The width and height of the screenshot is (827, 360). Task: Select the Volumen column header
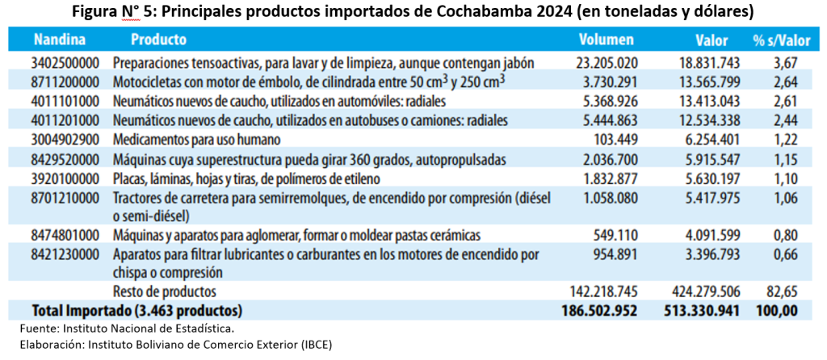pos(606,40)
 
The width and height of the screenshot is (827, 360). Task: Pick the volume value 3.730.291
pos(607,82)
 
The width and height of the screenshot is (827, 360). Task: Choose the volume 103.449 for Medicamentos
pos(618,139)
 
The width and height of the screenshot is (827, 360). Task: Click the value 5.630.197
pos(702,178)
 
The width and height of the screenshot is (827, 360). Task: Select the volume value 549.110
pos(618,236)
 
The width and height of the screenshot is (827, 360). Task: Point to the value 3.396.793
pos(702,255)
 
